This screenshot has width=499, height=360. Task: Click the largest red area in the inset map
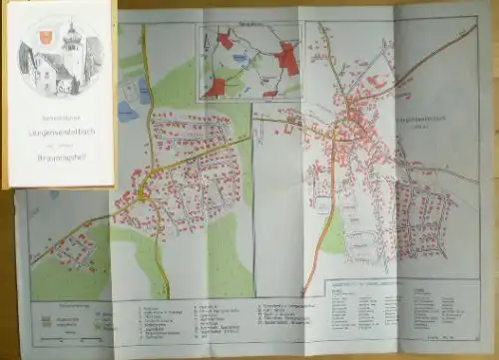pos(288,60)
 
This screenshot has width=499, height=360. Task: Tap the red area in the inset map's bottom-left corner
pos(215,88)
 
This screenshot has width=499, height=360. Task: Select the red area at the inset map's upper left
pos(226,40)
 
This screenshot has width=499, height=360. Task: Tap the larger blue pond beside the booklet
pos(127,111)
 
